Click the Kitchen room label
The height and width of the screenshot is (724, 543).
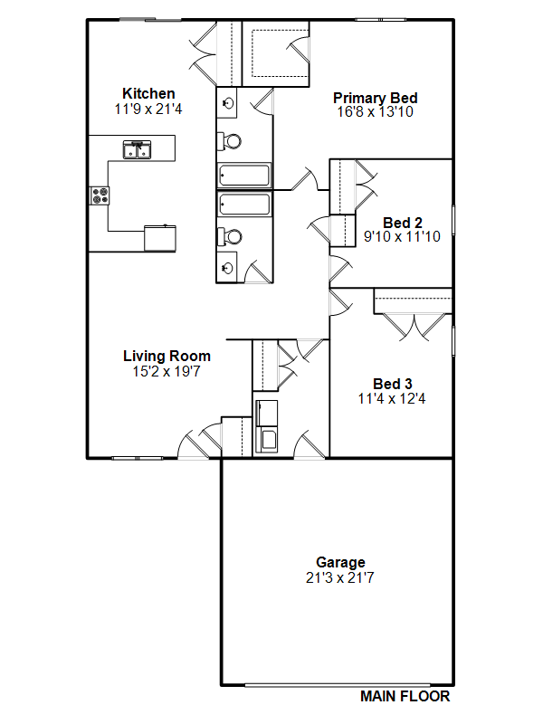tap(148, 94)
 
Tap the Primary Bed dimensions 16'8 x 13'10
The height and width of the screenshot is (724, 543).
tap(375, 111)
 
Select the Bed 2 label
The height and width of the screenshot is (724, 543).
tap(402, 223)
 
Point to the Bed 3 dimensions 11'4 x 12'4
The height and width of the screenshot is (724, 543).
tap(392, 398)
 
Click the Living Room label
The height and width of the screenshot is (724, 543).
tap(167, 356)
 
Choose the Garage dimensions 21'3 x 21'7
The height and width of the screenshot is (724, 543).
tap(340, 577)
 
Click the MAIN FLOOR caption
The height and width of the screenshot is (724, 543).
tap(405, 696)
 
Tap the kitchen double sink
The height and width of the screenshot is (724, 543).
tap(138, 150)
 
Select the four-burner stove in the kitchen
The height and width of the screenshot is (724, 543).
tap(100, 195)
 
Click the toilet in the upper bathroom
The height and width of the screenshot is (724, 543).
tap(230, 141)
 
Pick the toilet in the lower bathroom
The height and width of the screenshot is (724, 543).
tap(230, 237)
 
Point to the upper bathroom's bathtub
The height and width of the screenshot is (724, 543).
tap(243, 176)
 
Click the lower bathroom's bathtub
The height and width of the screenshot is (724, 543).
tap(244, 205)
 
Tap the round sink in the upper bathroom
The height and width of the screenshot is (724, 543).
tap(227, 102)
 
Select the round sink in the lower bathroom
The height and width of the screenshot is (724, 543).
tap(227, 267)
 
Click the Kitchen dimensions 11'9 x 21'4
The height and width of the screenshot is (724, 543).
tap(148, 109)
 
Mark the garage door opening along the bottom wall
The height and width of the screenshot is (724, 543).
tap(337, 685)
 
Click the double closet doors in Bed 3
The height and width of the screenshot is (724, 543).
tap(414, 327)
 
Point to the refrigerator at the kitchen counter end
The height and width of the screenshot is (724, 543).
tap(160, 238)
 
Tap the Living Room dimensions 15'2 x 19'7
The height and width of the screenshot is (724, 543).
tap(167, 371)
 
